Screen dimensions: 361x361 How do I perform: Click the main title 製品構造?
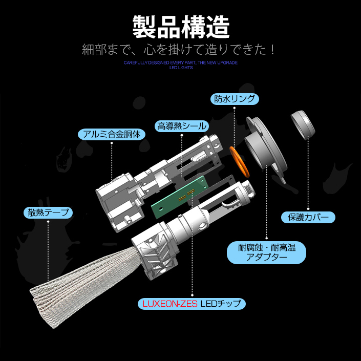coord(181,27)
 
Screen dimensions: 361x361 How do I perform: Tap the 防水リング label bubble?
coord(235,99)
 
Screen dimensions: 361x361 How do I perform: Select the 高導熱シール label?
coord(182,126)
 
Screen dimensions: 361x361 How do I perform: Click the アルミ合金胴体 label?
coord(112,134)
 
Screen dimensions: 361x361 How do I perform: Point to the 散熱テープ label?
coord(48,213)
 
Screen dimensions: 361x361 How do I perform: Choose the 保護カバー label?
coord(308,217)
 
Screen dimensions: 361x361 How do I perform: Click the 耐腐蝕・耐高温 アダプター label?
coord(266,252)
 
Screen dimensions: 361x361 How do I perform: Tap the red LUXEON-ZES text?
coord(170,304)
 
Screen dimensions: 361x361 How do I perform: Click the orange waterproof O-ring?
coord(240,162)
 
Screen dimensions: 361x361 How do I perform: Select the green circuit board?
coord(180,197)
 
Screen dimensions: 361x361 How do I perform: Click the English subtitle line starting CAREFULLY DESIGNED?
coord(180,62)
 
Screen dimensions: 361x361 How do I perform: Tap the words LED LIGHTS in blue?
coord(181,68)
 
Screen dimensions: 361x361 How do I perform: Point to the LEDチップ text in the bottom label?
coord(221,304)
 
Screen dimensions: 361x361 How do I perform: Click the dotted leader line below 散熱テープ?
coord(48,251)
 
